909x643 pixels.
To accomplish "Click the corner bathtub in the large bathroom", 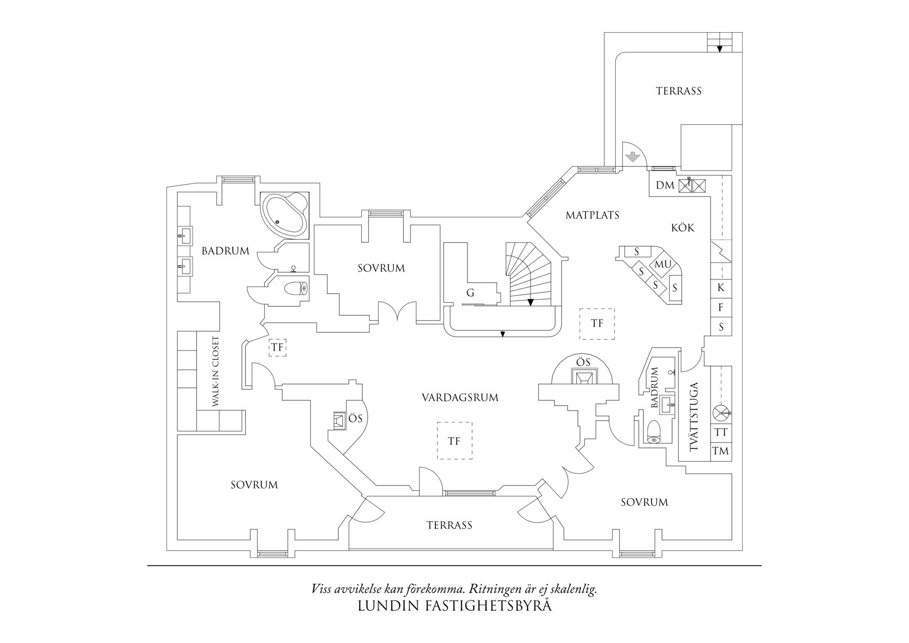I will click(x=285, y=214).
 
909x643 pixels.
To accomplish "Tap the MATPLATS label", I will click(x=592, y=215).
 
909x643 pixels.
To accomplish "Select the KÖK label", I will click(x=683, y=228).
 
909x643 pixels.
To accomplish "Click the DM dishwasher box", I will click(x=665, y=185).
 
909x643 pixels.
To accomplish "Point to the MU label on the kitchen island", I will click(x=663, y=264).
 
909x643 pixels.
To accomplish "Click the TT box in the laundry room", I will click(x=721, y=432).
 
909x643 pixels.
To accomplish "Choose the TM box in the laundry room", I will click(x=721, y=451).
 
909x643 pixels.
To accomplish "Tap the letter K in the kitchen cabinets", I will click(x=721, y=288).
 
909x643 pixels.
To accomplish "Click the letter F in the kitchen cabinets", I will click(x=721, y=307).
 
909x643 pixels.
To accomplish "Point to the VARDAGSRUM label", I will click(x=460, y=398).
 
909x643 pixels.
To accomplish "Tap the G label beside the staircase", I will click(x=470, y=293).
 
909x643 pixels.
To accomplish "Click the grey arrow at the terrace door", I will click(x=633, y=156).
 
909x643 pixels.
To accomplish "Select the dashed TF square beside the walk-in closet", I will click(x=277, y=347).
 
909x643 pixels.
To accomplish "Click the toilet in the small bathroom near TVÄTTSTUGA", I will click(x=655, y=431).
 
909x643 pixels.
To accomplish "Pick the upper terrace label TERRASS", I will click(x=678, y=91).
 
